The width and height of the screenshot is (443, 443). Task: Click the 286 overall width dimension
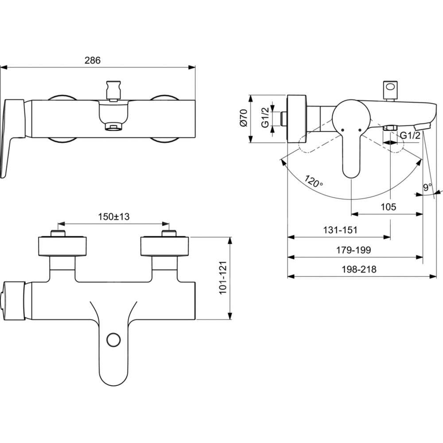(x=93, y=60)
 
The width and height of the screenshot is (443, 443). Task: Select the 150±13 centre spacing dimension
(x=113, y=217)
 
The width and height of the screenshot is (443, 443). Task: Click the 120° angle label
(x=314, y=181)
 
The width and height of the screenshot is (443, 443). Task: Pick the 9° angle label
(x=427, y=188)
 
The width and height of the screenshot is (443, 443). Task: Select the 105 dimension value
(x=388, y=206)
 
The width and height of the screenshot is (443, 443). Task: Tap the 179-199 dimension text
(x=354, y=250)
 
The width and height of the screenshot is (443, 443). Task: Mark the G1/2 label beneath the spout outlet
(x=410, y=136)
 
